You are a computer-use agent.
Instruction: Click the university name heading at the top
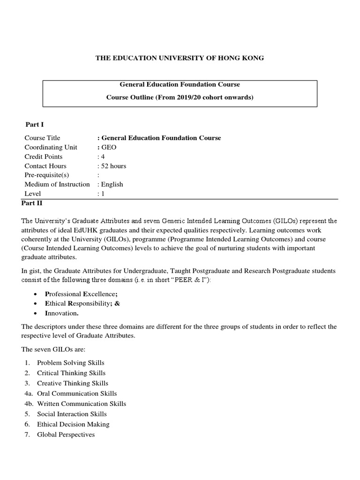[x=180, y=58]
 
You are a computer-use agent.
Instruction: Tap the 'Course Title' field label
[x=42, y=138]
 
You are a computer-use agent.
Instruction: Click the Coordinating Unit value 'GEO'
[x=108, y=147]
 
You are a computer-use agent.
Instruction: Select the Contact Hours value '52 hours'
[x=112, y=166]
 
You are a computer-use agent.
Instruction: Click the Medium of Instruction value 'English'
[x=112, y=184]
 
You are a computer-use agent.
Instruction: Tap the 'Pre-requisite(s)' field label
[x=46, y=175]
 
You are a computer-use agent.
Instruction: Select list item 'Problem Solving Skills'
[x=71, y=363]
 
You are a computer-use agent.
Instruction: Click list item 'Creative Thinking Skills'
[x=73, y=383]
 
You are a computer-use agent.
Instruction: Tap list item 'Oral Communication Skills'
[x=77, y=394]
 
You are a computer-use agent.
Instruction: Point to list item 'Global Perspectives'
[x=66, y=435]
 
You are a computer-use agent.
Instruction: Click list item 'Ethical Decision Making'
[x=73, y=424]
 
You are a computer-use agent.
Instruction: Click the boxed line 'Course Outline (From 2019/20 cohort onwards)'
[x=180, y=97]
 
